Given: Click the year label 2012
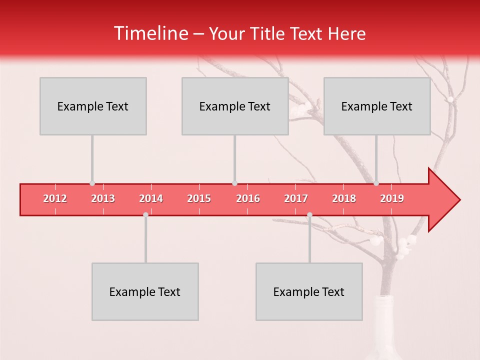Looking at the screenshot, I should [x=55, y=198].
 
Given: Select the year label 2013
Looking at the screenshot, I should [x=103, y=198].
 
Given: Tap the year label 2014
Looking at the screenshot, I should [x=151, y=198].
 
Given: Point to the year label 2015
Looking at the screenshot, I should [x=199, y=198].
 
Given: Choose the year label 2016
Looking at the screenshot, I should [x=248, y=198].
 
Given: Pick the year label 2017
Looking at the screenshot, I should [x=296, y=198].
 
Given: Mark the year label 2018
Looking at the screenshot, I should [x=344, y=198].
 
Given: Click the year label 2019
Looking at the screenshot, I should [x=392, y=198].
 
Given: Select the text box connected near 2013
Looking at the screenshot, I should [x=93, y=106].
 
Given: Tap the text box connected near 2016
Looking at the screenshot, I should [x=235, y=106].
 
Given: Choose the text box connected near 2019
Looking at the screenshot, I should [x=377, y=106].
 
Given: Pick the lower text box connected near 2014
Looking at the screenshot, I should [x=145, y=291].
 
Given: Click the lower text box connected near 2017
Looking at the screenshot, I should [x=309, y=291].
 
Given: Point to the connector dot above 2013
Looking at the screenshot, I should [x=92, y=183].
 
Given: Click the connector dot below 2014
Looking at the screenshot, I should [x=145, y=214].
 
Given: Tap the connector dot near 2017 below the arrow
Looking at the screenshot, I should [x=309, y=214].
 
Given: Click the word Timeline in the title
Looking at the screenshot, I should [x=150, y=33].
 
